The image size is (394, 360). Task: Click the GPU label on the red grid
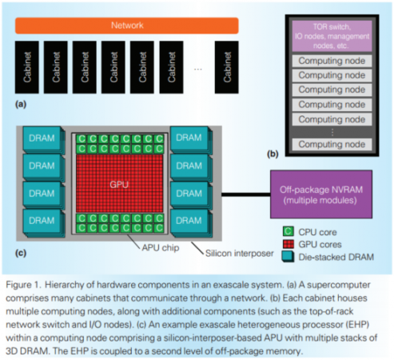119,183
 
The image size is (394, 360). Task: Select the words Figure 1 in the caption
29,284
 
